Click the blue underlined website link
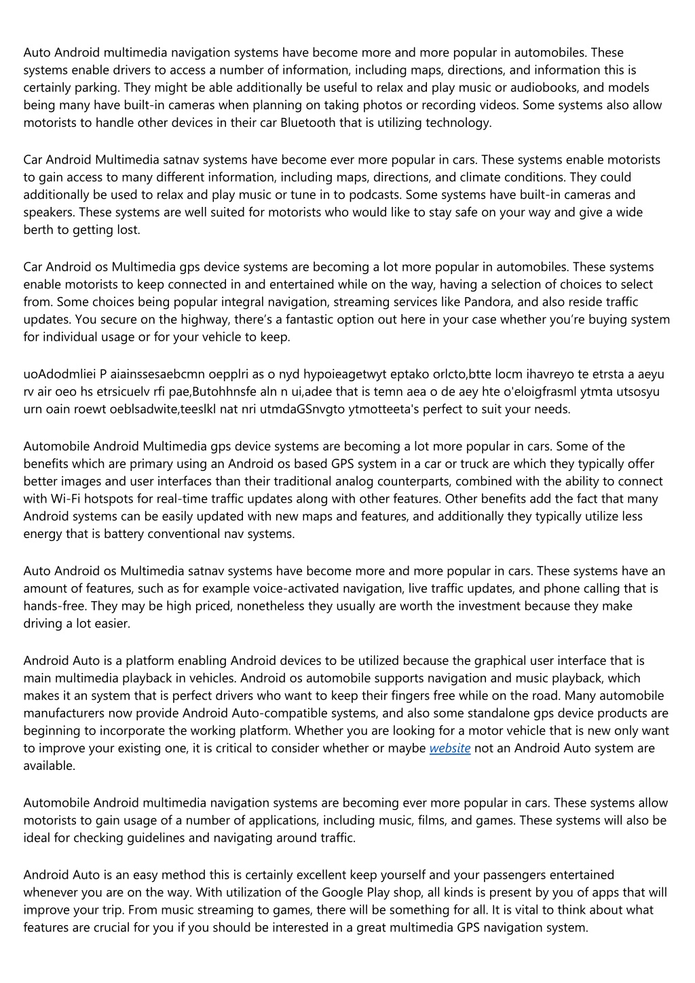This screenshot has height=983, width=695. click(450, 748)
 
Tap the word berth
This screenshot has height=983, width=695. click(38, 230)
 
